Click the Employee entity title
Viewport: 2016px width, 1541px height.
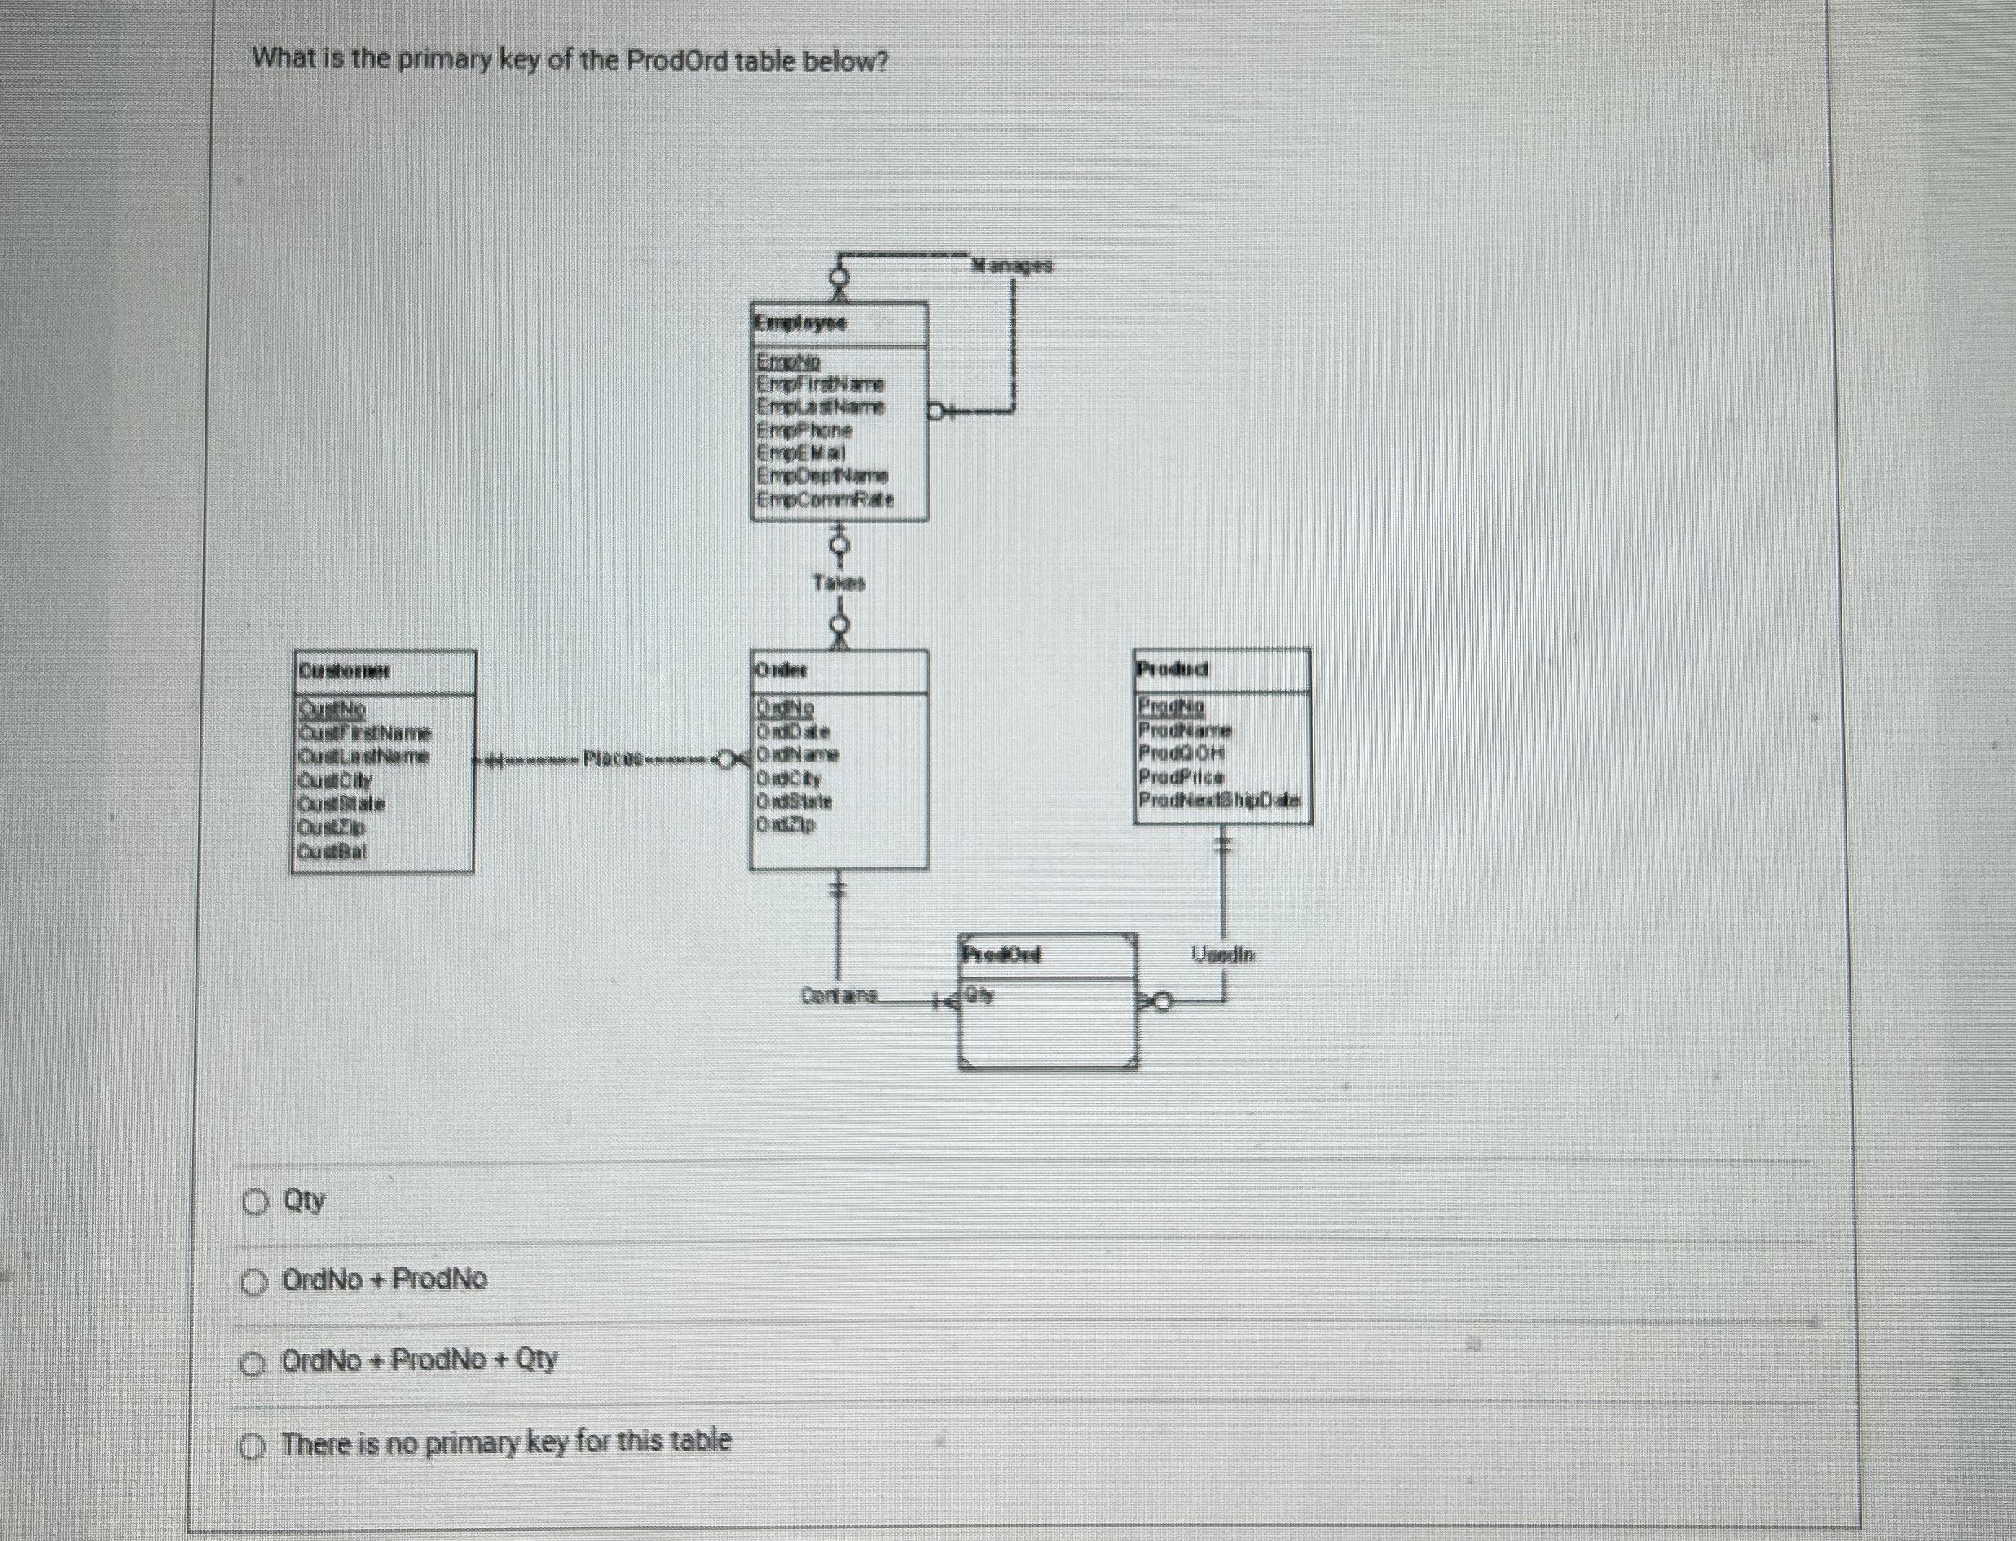[801, 323]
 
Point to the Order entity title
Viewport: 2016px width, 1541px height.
[781, 670]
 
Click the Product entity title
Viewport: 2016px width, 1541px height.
[1173, 670]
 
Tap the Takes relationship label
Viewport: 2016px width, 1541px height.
[839, 582]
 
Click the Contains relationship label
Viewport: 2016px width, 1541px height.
[839, 994]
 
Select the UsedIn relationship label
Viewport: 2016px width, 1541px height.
[1223, 955]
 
